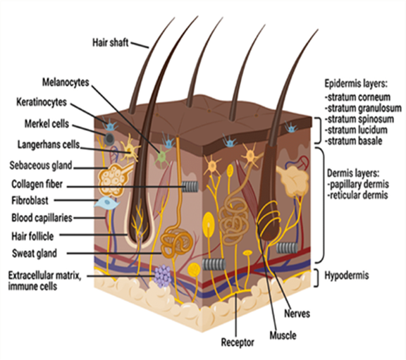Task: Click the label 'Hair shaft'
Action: [x=110, y=43]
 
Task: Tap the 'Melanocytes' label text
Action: [x=66, y=82]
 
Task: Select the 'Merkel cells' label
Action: [x=47, y=124]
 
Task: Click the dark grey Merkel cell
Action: [x=109, y=139]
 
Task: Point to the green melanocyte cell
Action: [x=162, y=156]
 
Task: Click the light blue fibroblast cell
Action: [x=106, y=202]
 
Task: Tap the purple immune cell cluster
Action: [x=163, y=276]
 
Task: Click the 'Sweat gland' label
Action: [x=35, y=254]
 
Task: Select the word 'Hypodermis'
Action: [x=347, y=275]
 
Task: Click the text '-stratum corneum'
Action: [x=357, y=97]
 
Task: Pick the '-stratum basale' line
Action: [x=354, y=141]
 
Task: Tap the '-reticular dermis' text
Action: [x=357, y=195]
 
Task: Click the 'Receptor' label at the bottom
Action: [x=238, y=342]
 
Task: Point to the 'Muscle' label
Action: [x=283, y=335]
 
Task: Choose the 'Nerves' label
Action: [x=297, y=314]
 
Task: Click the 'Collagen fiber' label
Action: [x=37, y=185]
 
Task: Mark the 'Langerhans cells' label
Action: [x=49, y=144]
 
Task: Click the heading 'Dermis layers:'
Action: [x=353, y=173]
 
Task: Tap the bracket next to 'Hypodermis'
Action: [x=316, y=278]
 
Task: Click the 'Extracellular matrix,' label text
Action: [x=45, y=275]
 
